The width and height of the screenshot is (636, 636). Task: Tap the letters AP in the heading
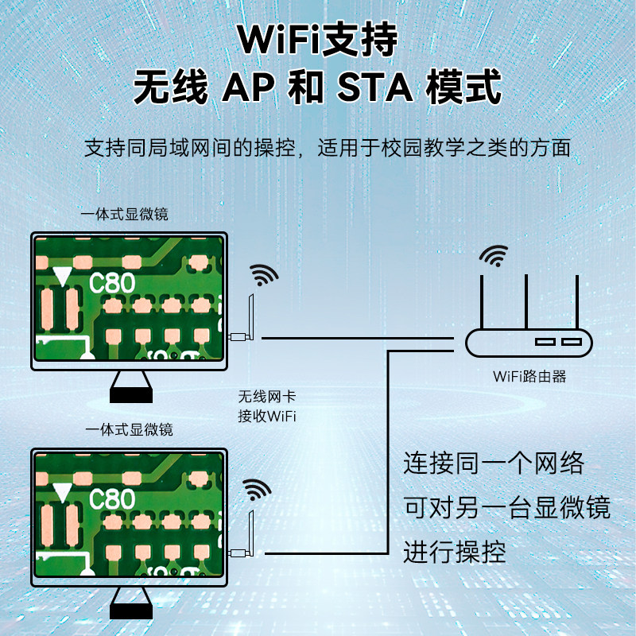coord(248,87)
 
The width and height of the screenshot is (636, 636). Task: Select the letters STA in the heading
coord(374,87)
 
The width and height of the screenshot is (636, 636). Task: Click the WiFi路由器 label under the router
coord(529,376)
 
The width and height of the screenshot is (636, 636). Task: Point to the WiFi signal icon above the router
coord(494,255)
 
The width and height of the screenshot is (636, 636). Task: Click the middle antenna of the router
coord(526,301)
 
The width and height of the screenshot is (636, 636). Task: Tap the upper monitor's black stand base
coord(131,396)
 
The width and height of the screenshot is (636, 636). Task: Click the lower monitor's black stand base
coord(131,611)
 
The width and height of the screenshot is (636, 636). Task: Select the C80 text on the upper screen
coord(112,283)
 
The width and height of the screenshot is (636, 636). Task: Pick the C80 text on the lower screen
coord(112,498)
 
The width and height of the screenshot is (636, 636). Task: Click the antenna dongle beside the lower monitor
coord(242,534)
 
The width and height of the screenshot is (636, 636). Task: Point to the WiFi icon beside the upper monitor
coord(264,275)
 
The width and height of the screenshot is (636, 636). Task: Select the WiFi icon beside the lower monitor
coord(257,490)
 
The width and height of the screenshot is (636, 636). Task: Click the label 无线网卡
coord(267,397)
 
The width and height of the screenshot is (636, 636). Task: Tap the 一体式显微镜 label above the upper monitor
coord(124,214)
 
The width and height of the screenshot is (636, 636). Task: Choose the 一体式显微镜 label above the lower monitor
coord(129,429)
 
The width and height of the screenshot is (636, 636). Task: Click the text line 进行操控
coord(455,552)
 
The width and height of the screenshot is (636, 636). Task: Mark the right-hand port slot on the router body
coord(572,342)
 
